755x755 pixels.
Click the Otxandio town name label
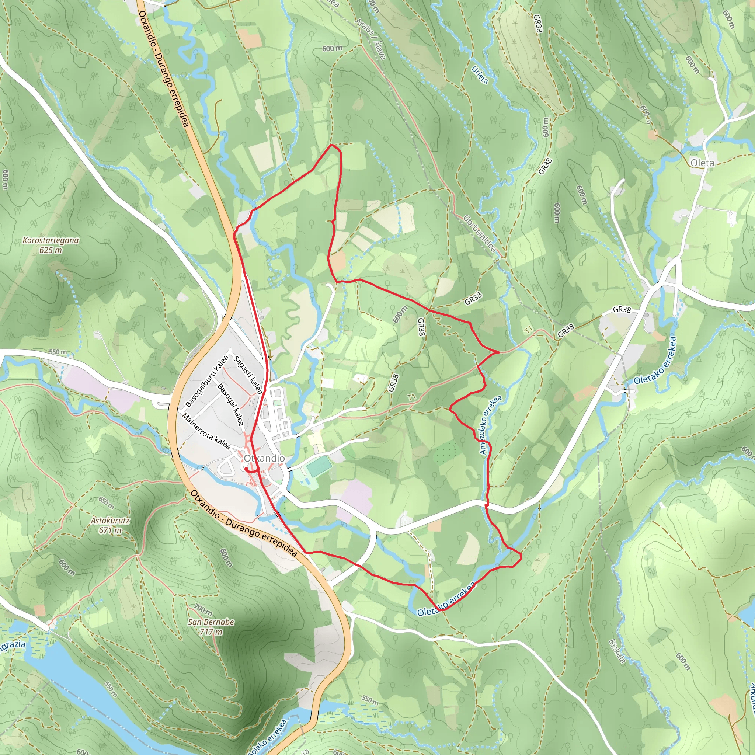coord(264,458)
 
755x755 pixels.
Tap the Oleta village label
coord(702,163)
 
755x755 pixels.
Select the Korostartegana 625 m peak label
coord(51,245)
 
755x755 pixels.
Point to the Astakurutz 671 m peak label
coord(110,525)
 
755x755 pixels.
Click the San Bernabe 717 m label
coord(211,627)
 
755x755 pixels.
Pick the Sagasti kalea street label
coord(248,375)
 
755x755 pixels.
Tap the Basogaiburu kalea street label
coord(207,381)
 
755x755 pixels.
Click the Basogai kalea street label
coord(230,404)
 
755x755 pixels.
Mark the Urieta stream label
coord(480,74)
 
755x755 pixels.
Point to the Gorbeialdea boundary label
coord(480,234)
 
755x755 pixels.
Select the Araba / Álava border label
coord(370,38)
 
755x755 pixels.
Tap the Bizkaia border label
coord(617,651)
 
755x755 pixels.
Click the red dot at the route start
coord(247,469)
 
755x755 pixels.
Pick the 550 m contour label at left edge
coord(58,352)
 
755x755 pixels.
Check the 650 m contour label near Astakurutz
coord(106,503)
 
